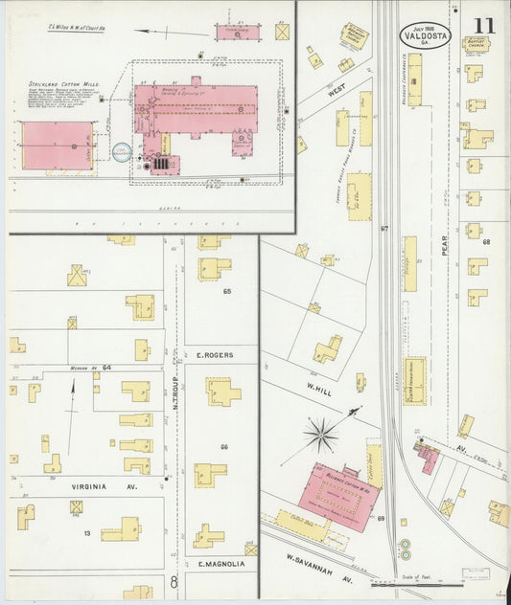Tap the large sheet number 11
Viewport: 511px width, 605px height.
tap(485, 25)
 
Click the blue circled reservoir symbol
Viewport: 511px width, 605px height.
tap(122, 151)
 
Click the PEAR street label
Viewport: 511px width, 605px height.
tap(445, 246)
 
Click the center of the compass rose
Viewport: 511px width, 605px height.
tap(320, 435)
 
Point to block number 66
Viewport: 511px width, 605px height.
tap(225, 446)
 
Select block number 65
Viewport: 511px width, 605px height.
tap(227, 290)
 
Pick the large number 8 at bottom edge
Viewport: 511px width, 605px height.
tap(174, 580)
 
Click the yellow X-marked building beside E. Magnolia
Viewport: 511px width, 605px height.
tap(251, 550)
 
